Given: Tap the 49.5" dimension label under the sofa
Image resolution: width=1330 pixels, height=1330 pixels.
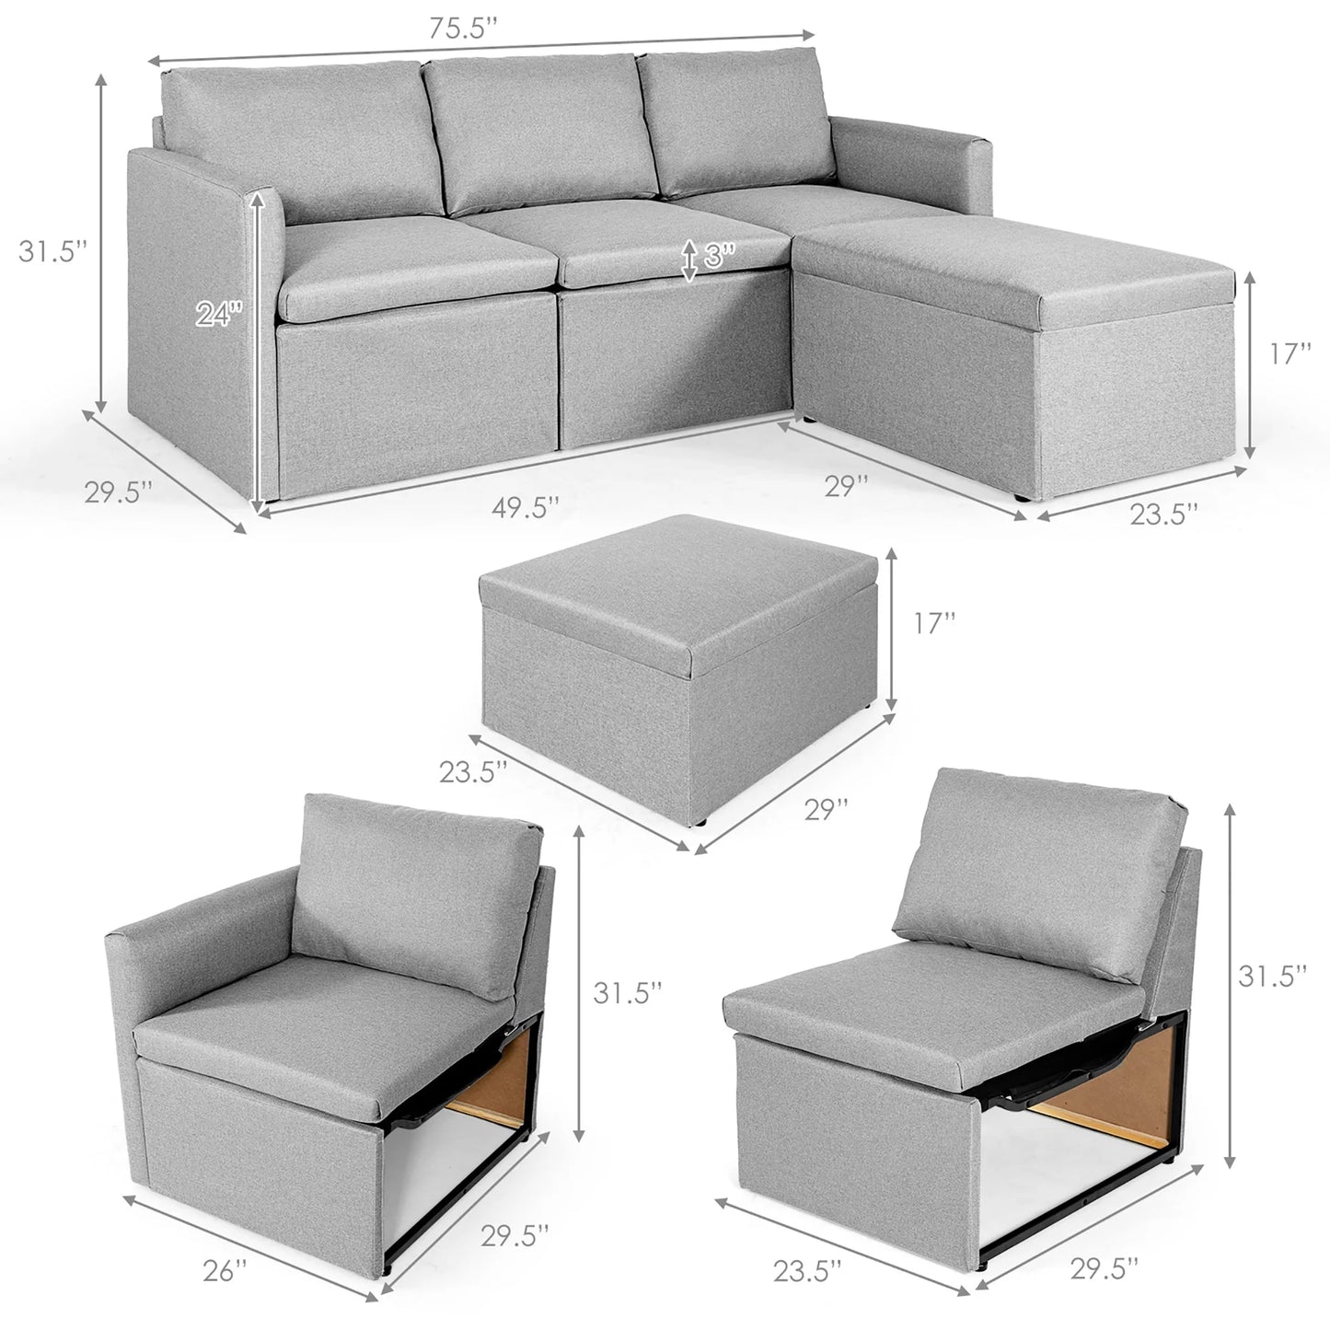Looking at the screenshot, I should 524,505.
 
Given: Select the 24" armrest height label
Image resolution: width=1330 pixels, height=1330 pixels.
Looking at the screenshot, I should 218,315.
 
